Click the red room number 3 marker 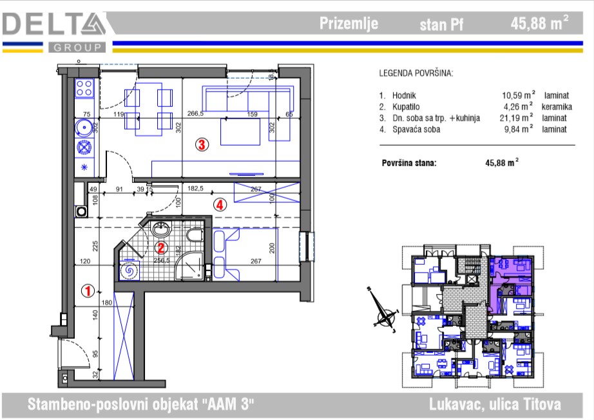click(x=202, y=144)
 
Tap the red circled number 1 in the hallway click(x=88, y=291)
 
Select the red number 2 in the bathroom click(x=160, y=248)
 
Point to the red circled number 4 click(x=220, y=205)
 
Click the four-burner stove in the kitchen click(x=84, y=88)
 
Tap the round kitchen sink click(x=83, y=128)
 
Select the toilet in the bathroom click(x=195, y=235)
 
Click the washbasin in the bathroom click(x=162, y=229)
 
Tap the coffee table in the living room click(x=240, y=131)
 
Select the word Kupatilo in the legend click(x=406, y=107)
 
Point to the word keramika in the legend click(x=557, y=107)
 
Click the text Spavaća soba click(x=416, y=129)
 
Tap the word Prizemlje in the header click(x=349, y=23)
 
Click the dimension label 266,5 click(x=195, y=113)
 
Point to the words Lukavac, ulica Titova click(x=495, y=404)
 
